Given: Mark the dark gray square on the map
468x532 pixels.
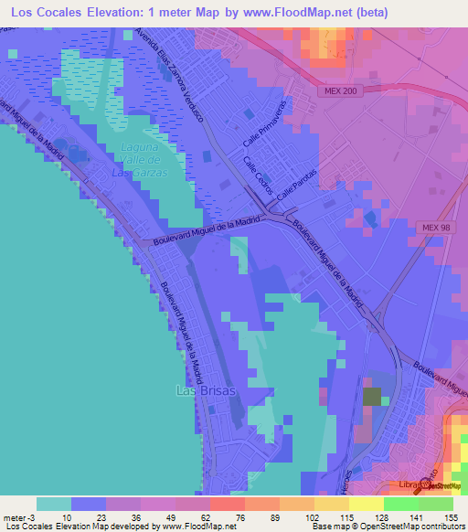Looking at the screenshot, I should pyautogui.click(x=373, y=397).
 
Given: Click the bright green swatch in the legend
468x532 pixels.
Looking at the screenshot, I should pyautogui.click(x=401, y=504).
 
